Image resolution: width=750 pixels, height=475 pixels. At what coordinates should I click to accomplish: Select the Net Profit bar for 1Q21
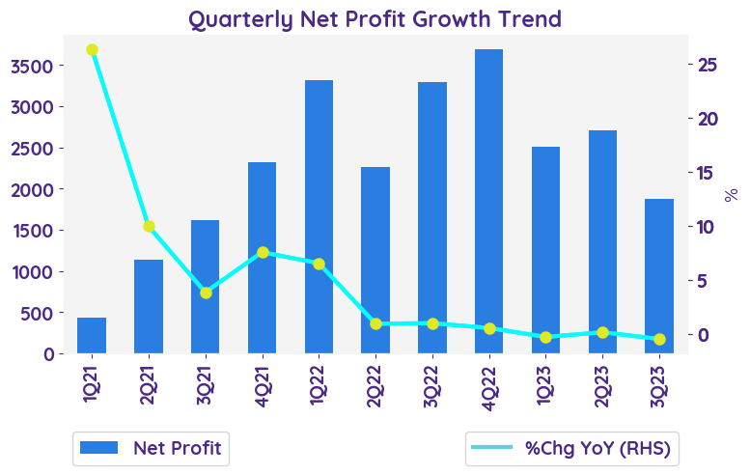[92, 335]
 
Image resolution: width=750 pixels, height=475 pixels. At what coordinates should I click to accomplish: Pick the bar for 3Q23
[659, 276]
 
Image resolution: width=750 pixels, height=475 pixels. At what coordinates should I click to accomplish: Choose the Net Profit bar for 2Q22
[375, 260]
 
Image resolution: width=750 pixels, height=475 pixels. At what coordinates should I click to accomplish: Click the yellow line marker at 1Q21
[92, 49]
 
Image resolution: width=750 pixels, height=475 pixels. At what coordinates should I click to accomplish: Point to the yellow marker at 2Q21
[149, 227]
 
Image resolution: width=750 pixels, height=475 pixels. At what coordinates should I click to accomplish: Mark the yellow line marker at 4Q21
[263, 252]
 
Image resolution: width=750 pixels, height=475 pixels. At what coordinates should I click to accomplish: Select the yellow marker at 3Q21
[206, 293]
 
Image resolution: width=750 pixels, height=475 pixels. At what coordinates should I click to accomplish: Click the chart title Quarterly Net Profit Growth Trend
[375, 19]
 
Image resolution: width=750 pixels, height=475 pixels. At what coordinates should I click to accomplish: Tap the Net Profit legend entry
[151, 448]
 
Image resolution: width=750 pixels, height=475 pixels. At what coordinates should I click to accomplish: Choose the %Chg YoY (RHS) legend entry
[570, 448]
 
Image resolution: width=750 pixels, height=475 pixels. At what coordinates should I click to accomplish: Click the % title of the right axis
[732, 194]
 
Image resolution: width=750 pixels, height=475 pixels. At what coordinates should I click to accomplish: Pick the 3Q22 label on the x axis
[432, 380]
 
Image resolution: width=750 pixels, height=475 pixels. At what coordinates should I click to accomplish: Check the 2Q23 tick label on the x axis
[603, 380]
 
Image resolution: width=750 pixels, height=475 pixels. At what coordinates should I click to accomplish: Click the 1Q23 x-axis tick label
[546, 380]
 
